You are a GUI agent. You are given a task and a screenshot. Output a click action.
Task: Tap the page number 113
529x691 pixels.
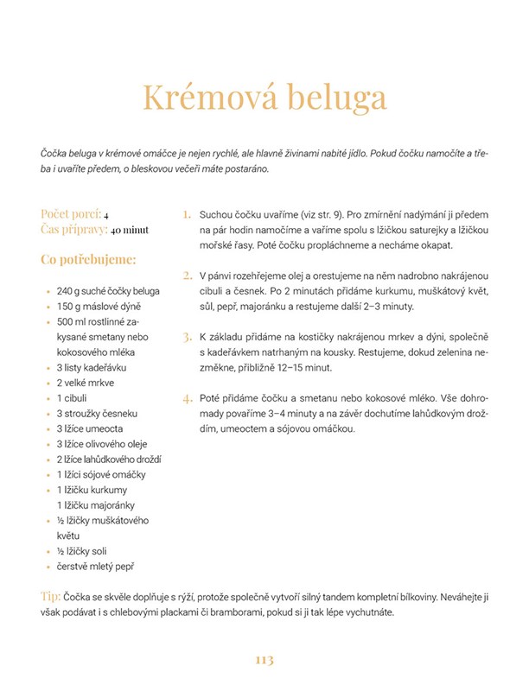pos(264,659)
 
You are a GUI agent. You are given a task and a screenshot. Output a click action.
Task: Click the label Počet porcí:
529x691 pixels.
pos(71,214)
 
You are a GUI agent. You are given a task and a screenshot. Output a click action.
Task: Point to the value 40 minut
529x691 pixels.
pos(130,231)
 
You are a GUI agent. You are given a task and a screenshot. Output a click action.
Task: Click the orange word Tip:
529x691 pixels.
pos(49,597)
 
